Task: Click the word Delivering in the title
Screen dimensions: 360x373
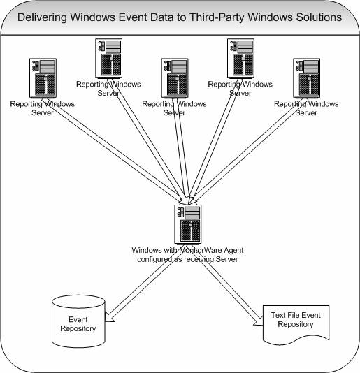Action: pos(42,17)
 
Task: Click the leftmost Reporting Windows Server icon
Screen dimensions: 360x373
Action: pos(43,78)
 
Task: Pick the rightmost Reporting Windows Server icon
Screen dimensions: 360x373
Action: pos(306,78)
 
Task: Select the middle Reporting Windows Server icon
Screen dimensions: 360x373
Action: pos(175,78)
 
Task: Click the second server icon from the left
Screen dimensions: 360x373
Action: pos(109,58)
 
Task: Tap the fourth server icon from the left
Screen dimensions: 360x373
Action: pos(240,58)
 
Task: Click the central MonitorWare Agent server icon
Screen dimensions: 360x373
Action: pos(188,224)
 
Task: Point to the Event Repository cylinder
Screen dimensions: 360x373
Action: pos(78,321)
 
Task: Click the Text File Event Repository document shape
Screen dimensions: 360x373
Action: pos(296,325)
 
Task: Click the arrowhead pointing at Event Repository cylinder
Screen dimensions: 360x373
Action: pos(110,317)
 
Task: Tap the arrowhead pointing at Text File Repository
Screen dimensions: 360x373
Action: pos(258,321)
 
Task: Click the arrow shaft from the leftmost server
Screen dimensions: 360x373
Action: pos(112,150)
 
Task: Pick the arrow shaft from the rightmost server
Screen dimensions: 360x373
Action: pos(249,150)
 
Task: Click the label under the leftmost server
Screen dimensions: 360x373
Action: pos(43,108)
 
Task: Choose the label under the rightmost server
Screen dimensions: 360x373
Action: pos(306,108)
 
